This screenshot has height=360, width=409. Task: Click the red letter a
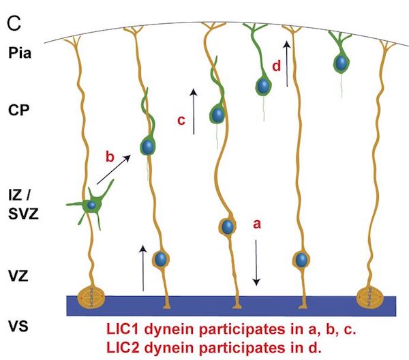(257, 223)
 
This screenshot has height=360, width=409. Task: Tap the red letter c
(181, 121)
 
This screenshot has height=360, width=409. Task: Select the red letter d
(275, 66)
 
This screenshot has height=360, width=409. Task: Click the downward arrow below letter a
(257, 262)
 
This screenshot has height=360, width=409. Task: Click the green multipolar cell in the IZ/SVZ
(91, 205)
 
